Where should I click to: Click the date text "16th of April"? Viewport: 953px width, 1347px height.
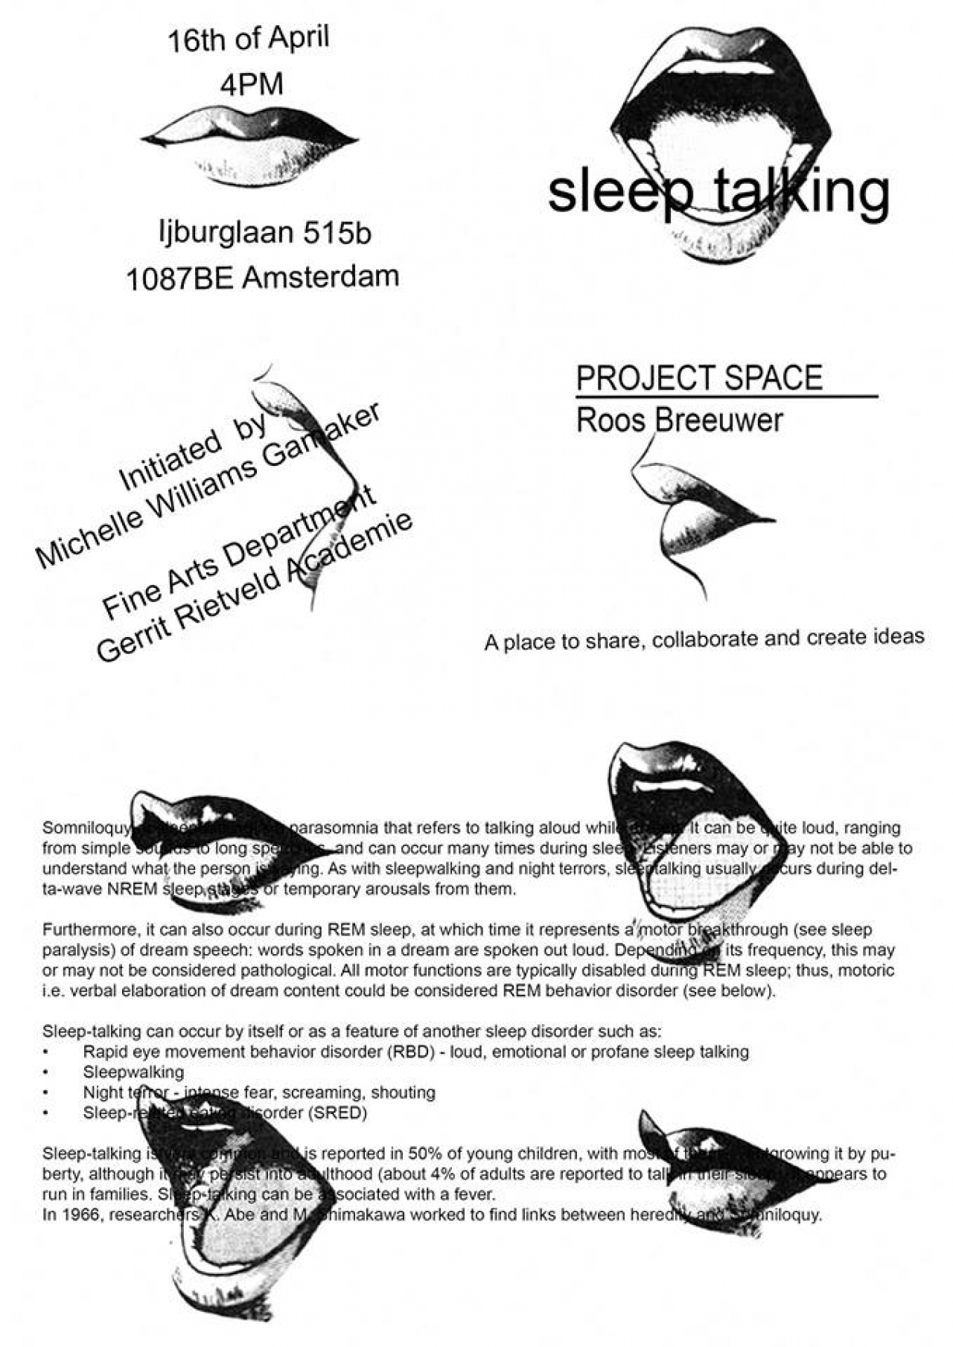tap(248, 39)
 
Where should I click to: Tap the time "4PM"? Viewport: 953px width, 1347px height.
tap(252, 84)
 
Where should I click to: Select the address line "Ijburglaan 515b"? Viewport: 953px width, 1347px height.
tap(265, 233)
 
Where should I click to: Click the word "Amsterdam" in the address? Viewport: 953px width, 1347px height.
tap(321, 277)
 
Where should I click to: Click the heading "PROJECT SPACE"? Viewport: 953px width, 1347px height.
tap(699, 378)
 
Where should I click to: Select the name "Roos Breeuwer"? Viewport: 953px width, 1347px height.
tap(679, 420)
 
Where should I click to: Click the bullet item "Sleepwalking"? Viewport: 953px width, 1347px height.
tap(133, 1072)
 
